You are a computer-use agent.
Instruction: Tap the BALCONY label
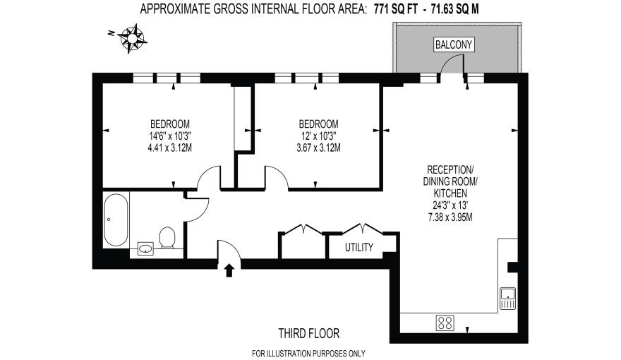pos(453,45)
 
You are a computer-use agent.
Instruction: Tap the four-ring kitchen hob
pos(446,323)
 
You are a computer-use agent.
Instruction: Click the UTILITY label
pos(359,248)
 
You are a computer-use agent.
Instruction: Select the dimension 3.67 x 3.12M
pos(318,148)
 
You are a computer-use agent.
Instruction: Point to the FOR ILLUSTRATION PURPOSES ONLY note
pos(308,353)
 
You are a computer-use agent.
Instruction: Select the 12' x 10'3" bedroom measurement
pos(318,136)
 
